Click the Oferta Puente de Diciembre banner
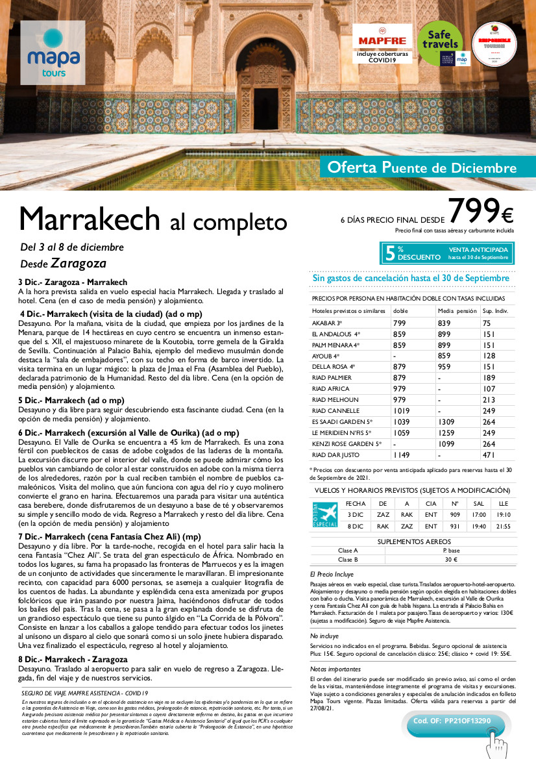[x=422, y=168]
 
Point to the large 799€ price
[x=480, y=211]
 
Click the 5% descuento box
[x=446, y=253]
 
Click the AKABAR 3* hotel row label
[x=328, y=323]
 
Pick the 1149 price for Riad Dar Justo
[x=402, y=455]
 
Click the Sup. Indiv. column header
[x=494, y=311]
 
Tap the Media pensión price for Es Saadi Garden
[x=447, y=422]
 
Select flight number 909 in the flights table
[x=454, y=514]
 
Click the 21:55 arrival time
[x=503, y=526]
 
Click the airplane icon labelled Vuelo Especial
[x=325, y=515]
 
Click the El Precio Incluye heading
[x=332, y=575]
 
